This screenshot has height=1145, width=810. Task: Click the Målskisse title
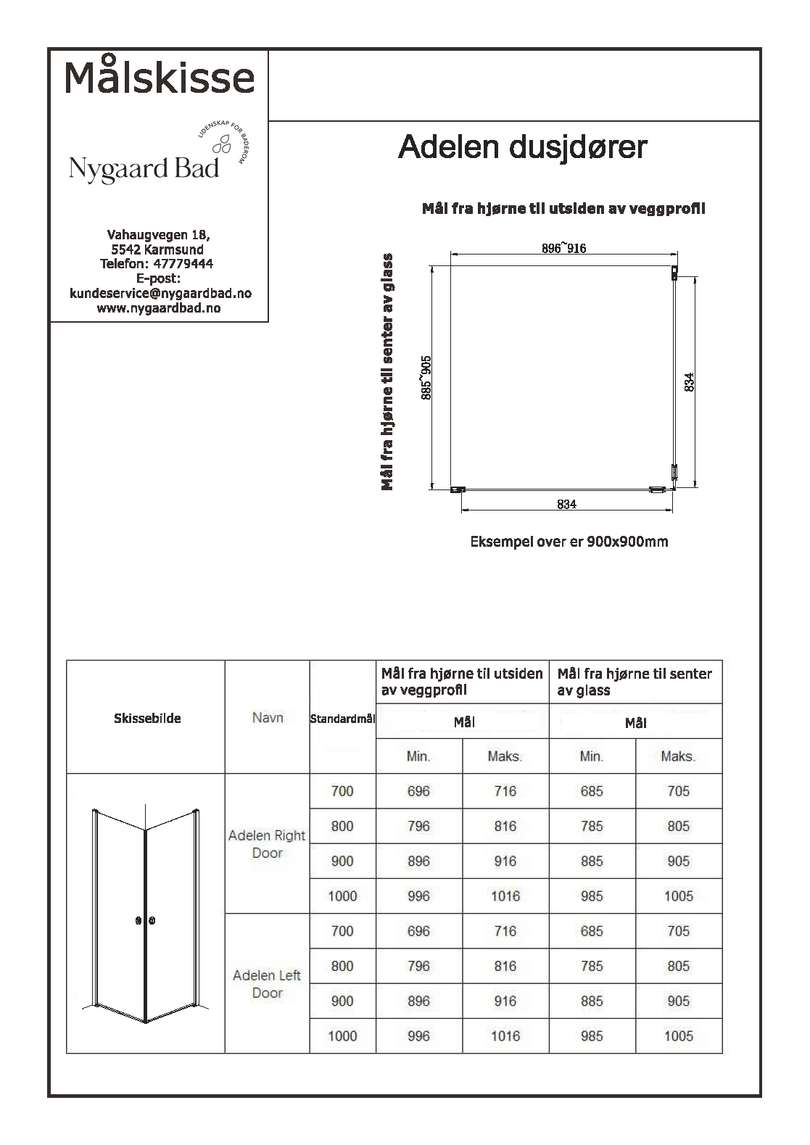coord(160,77)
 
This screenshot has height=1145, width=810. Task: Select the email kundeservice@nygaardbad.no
coord(160,293)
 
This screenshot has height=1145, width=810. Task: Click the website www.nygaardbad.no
coord(159,308)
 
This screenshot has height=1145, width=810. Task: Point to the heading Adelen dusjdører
coord(522,147)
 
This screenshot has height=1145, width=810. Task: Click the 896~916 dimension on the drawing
coord(563,249)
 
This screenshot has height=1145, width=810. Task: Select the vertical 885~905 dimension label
coord(426,377)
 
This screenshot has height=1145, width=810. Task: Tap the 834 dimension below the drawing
coord(566,505)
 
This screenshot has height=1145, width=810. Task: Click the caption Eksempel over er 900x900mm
coord(569,542)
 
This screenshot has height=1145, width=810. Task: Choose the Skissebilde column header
coord(147,719)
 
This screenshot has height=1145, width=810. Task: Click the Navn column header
coord(268,718)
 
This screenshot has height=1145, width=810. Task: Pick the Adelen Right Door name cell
coord(267,844)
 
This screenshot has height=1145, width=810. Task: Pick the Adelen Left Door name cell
coord(267,984)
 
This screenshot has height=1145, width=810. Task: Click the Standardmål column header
coord(342,719)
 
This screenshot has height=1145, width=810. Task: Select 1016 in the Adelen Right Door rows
coord(505,896)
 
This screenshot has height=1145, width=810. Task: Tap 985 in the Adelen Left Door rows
coord(592,1036)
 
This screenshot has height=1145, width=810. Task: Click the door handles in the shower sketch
coord(146,921)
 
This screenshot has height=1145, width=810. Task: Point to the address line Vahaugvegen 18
coord(159,235)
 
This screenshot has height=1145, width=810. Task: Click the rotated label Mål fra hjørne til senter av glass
coord(388,371)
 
